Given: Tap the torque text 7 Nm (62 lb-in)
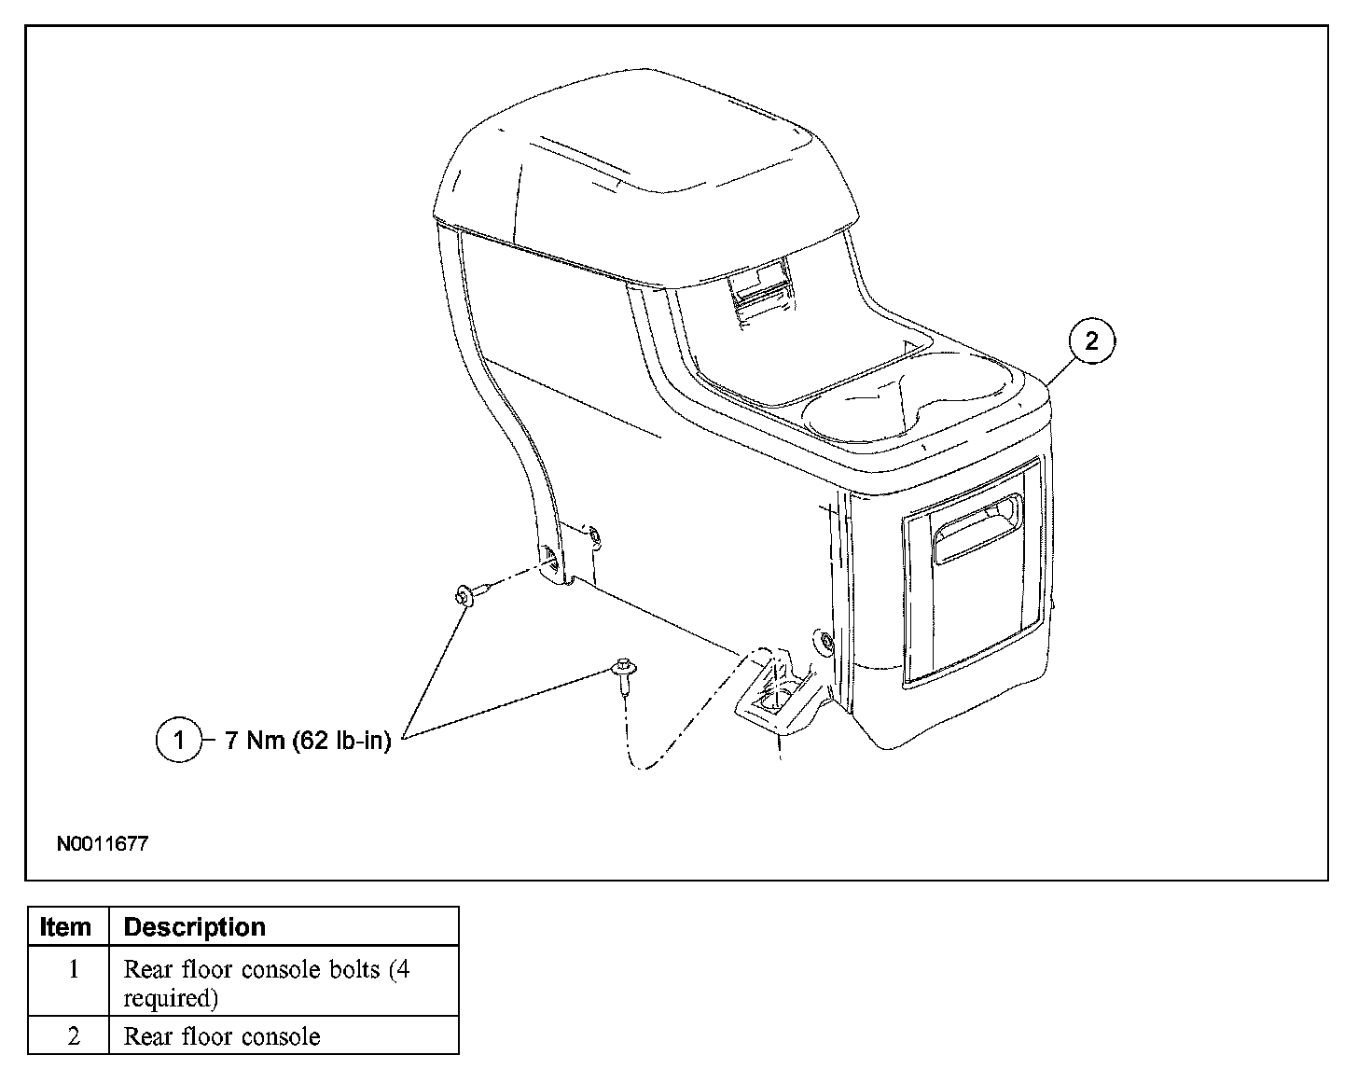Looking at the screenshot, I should coord(308,742).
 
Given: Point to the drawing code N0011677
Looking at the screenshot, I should coord(103,844).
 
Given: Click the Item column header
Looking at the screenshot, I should coord(67,927).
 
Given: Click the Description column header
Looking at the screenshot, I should coord(195,927).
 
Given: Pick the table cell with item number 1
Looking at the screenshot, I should coord(73,970).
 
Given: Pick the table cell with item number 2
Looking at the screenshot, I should coord(73,1036).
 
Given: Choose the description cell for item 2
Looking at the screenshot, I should coord(222,1036).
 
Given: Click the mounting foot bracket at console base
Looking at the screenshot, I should coord(774,700).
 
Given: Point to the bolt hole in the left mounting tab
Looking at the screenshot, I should coord(555,560).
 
